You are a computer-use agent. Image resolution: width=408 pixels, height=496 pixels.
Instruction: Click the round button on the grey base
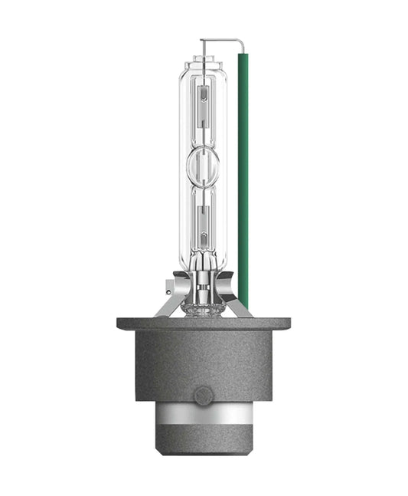pyautogui.click(x=203, y=396)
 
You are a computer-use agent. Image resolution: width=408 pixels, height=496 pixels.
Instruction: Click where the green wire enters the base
pyautogui.click(x=243, y=307)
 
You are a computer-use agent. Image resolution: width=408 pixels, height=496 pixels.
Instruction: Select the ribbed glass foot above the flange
pyautogui.click(x=203, y=307)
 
